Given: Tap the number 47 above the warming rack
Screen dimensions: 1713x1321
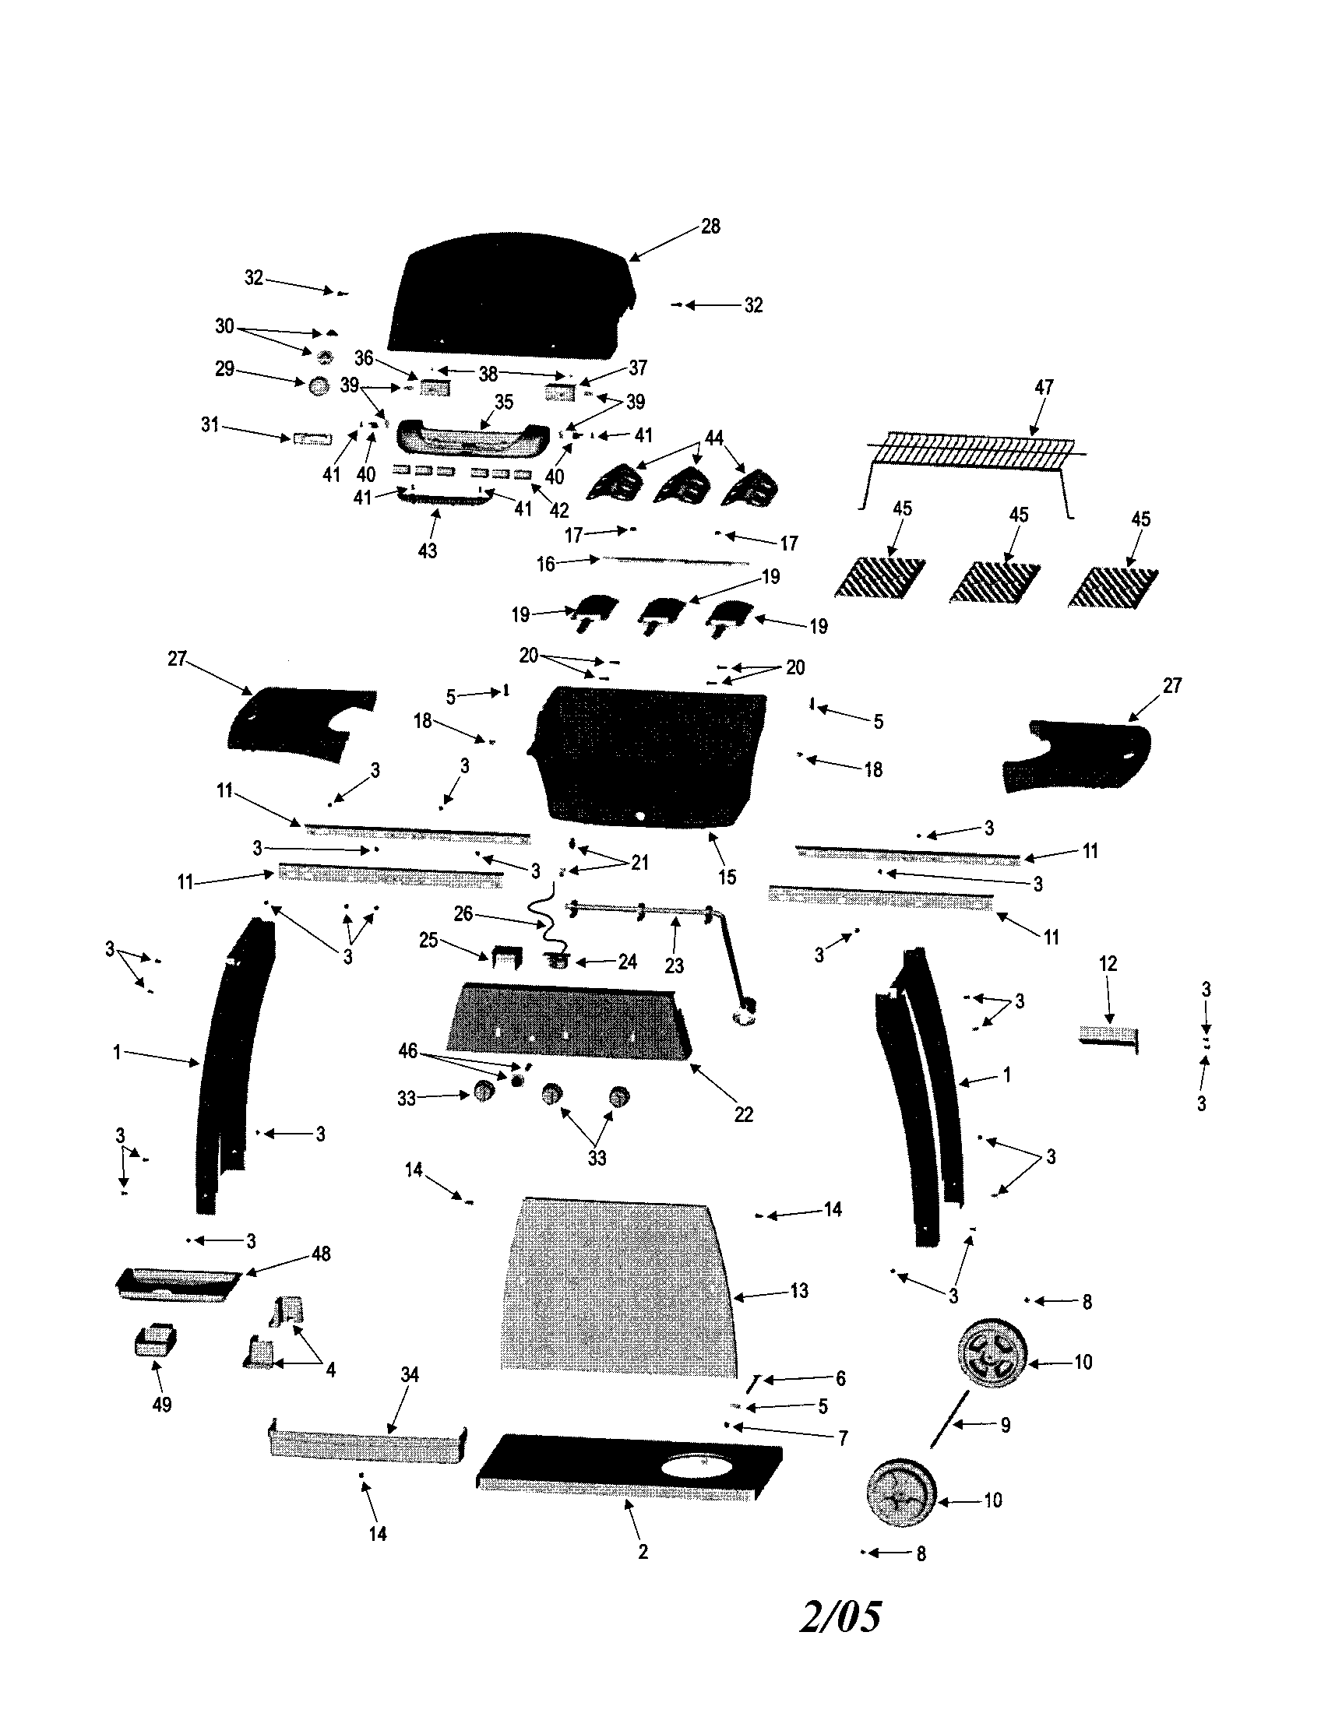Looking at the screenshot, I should pos(1044,387).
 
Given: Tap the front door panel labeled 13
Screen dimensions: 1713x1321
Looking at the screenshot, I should pos(620,1286).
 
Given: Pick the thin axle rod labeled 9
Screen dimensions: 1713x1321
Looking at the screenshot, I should pos(949,1419).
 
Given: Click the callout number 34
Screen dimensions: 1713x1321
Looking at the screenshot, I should pos(410,1374).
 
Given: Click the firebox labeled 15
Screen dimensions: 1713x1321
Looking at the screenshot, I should pos(647,757).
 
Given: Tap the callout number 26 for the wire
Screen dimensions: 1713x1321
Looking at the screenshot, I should pos(463,914).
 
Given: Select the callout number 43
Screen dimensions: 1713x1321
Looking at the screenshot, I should pos(427,550).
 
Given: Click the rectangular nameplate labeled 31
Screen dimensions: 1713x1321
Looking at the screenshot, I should pos(312,439).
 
